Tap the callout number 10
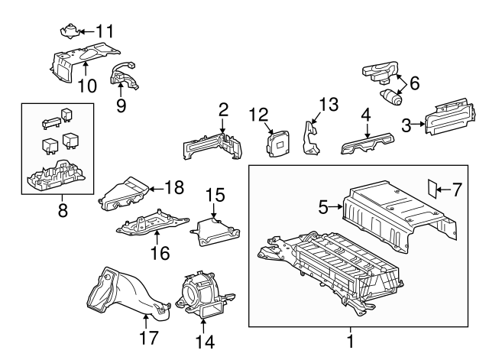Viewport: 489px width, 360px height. pyautogui.click(x=87, y=86)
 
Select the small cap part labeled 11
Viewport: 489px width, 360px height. pyautogui.click(x=70, y=31)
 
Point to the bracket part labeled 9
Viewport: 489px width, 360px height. pyautogui.click(x=124, y=76)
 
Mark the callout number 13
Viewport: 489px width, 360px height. pyautogui.click(x=328, y=104)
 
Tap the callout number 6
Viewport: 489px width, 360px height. pyautogui.click(x=415, y=83)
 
